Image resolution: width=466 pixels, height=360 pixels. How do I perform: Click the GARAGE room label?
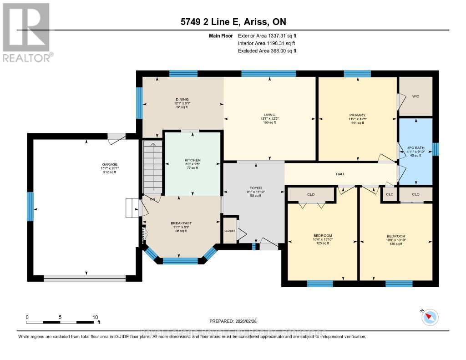pos(110,165)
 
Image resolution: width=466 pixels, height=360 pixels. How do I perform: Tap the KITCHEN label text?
pos(192,160)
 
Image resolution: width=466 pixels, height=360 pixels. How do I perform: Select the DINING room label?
pos(182,100)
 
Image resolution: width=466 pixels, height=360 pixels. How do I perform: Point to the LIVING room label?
pos(269,115)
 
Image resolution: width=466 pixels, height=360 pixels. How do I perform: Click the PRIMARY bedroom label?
pos(357,115)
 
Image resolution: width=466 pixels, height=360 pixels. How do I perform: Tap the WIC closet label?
pos(415,96)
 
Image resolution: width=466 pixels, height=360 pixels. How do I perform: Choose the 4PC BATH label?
pos(415,147)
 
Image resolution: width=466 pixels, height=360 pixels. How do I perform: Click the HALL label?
pos(340,174)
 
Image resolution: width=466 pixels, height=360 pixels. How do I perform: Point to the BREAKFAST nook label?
pos(181,223)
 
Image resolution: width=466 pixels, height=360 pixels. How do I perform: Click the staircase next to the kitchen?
pos(153,166)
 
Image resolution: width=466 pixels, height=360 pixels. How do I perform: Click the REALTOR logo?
pos(26,32)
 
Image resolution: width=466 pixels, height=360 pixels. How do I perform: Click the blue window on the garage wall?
pos(30,206)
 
